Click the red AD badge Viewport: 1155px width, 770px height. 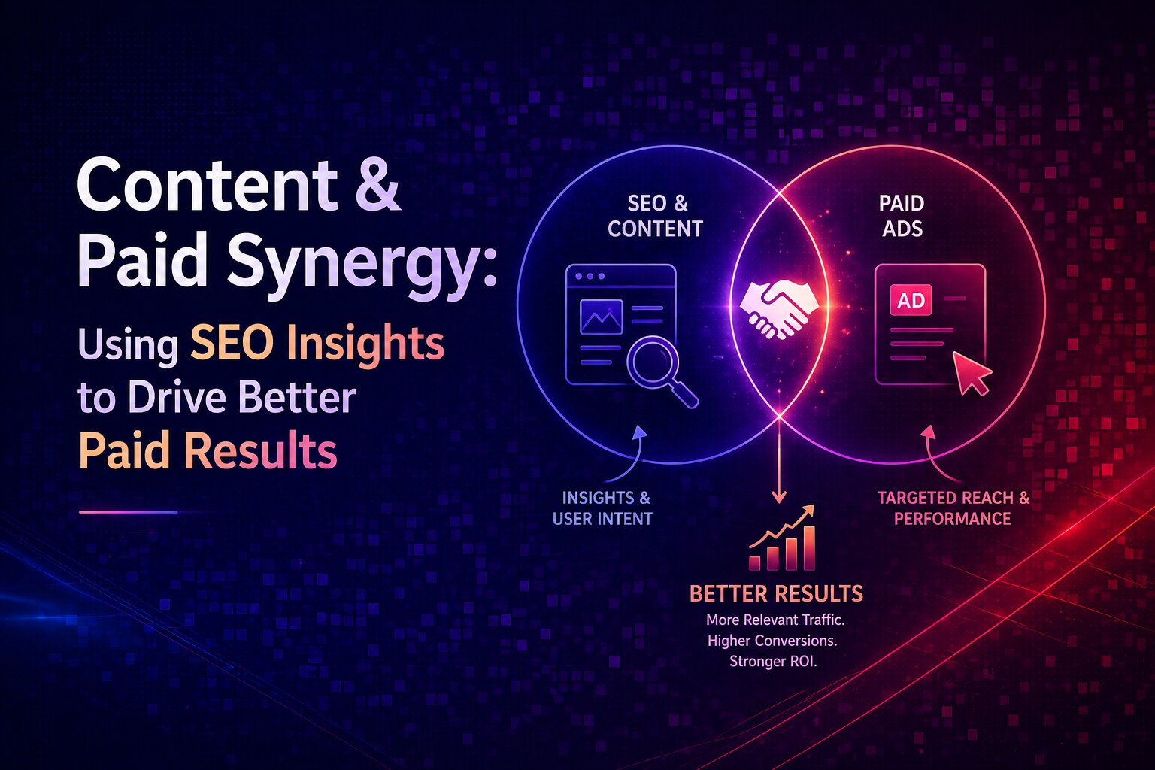click(911, 301)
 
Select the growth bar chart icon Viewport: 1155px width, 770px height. click(782, 539)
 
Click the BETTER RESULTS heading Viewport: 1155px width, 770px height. click(776, 594)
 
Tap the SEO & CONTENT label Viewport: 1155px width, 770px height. click(656, 216)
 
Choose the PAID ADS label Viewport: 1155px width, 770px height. click(902, 216)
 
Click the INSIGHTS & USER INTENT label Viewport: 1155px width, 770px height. click(602, 508)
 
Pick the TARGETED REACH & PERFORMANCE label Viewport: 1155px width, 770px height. click(953, 508)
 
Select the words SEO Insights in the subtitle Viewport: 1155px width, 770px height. click(317, 344)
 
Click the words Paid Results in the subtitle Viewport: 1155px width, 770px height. click(208, 451)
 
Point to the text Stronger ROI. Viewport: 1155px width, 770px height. click(772, 662)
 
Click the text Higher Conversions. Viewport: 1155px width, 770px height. click(772, 641)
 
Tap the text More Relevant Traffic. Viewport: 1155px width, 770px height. click(775, 620)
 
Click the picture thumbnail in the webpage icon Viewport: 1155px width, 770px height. click(601, 317)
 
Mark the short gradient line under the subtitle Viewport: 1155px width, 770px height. click(128, 512)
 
